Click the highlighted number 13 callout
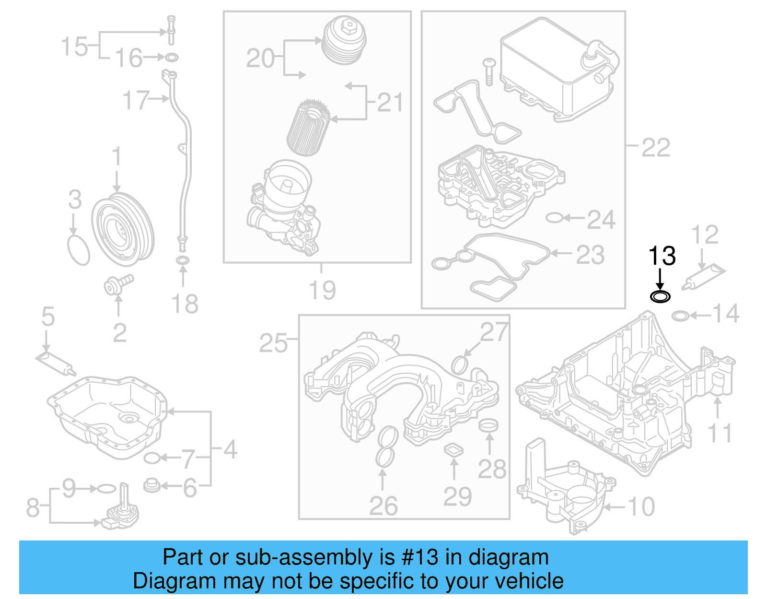pos(662,257)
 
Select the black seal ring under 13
pos(660,297)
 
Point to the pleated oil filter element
pos(308,127)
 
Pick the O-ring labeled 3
pos(79,250)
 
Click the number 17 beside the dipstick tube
pos(136,101)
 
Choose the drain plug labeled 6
pos(152,485)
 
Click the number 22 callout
pos(655,148)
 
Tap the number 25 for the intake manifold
pos(273,343)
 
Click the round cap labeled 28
pos(489,425)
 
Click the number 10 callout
pos(641,507)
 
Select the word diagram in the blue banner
pos(508,557)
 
